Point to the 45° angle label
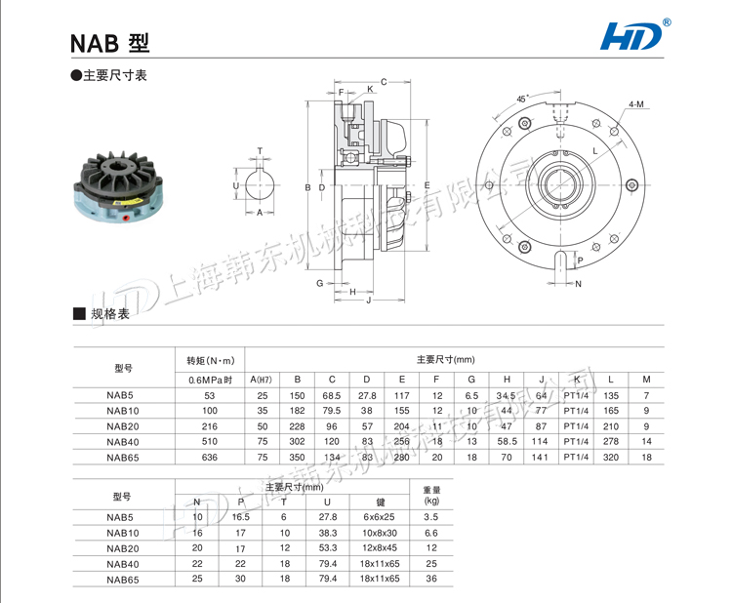click(x=522, y=100)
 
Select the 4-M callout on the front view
click(x=635, y=103)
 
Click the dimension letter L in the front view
click(x=594, y=150)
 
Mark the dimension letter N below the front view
click(x=578, y=284)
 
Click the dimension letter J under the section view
click(x=367, y=301)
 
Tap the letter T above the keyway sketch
click(x=260, y=151)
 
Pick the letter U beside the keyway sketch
click(x=236, y=184)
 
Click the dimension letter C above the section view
click(x=384, y=82)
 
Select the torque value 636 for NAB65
click(x=209, y=456)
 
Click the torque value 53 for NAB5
click(x=209, y=395)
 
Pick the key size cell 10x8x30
click(x=380, y=533)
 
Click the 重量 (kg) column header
click(x=431, y=495)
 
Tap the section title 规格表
click(x=109, y=314)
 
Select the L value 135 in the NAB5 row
click(x=612, y=395)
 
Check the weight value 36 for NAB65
click(x=431, y=579)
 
